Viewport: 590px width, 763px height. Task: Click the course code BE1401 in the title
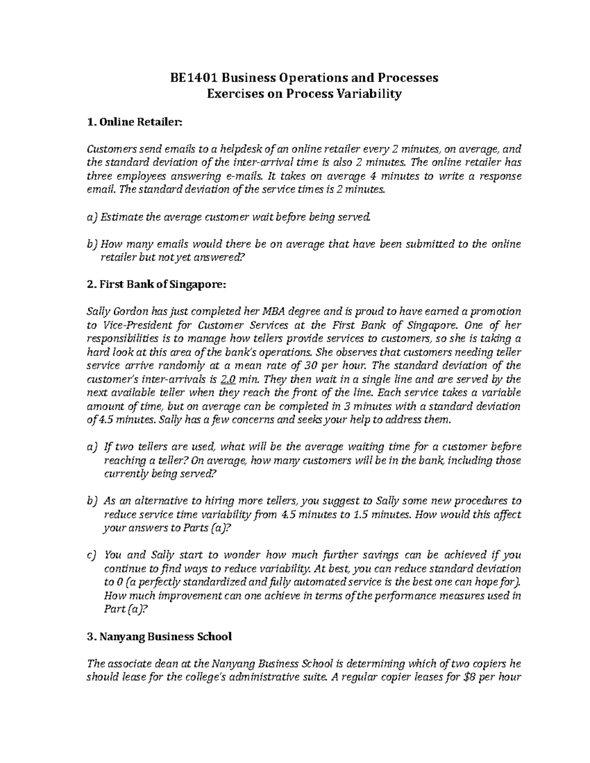tap(193, 78)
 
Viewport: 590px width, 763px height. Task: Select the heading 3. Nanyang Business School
tap(158, 637)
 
